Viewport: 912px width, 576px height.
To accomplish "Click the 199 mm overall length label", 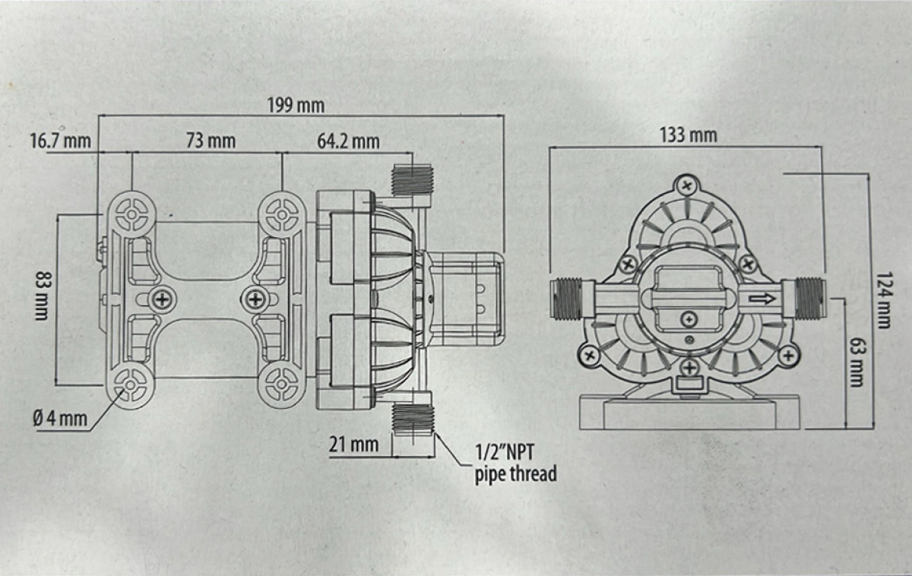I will pyautogui.click(x=295, y=105).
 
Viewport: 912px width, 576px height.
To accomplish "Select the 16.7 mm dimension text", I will pyautogui.click(x=61, y=141).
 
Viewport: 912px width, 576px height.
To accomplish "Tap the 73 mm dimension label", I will pyautogui.click(x=211, y=141).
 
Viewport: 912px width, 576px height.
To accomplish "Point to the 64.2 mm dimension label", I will pyautogui.click(x=348, y=141).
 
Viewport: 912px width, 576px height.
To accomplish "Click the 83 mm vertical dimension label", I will pyautogui.click(x=41, y=296).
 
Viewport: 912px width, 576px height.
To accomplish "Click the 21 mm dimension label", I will pyautogui.click(x=353, y=445).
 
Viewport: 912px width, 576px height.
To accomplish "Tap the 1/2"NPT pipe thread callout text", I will pyautogui.click(x=515, y=464).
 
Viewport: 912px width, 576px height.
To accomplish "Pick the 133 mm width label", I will pyautogui.click(x=688, y=135).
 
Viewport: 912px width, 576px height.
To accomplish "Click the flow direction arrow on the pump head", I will pyautogui.click(x=762, y=299).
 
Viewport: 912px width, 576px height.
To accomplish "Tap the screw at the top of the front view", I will pyautogui.click(x=688, y=185).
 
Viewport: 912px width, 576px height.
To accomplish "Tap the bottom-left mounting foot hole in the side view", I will pyautogui.click(x=131, y=386).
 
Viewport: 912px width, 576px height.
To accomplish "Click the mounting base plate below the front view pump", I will pyautogui.click(x=689, y=413).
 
